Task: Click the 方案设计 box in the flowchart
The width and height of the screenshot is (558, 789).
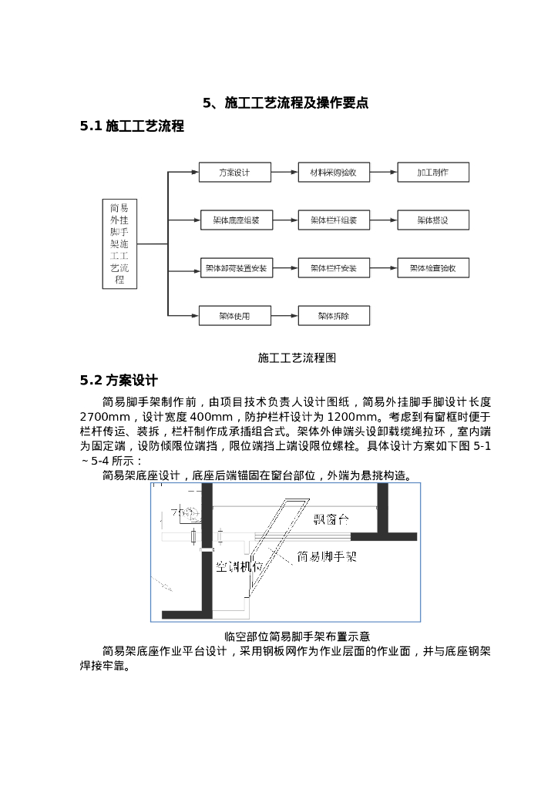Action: tap(234, 173)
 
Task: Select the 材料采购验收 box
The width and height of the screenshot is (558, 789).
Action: tap(334, 173)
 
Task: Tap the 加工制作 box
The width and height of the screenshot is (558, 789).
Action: tap(432, 173)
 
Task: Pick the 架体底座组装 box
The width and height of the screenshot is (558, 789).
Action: tap(236, 220)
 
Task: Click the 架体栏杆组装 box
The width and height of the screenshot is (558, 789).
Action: tap(334, 220)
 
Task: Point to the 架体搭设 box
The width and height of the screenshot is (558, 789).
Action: tap(432, 220)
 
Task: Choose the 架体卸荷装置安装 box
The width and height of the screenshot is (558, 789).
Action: tap(236, 268)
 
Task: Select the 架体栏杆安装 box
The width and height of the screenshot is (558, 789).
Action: tap(334, 268)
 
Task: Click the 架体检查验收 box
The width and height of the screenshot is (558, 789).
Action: tap(432, 268)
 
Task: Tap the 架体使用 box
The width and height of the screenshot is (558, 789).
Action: tap(234, 315)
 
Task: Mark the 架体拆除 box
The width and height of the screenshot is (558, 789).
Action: tap(334, 315)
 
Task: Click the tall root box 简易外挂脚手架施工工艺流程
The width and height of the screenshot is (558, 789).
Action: tap(119, 243)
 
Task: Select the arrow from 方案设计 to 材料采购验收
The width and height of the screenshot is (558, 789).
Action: tap(285, 173)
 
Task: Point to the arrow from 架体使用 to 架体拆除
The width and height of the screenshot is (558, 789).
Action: tap(285, 315)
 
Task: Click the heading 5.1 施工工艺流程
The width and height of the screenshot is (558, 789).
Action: tap(132, 126)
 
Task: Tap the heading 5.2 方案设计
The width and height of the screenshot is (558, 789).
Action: tap(119, 380)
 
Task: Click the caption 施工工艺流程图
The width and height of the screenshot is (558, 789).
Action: tap(297, 358)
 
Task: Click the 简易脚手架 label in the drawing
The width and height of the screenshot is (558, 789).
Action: tap(327, 556)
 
